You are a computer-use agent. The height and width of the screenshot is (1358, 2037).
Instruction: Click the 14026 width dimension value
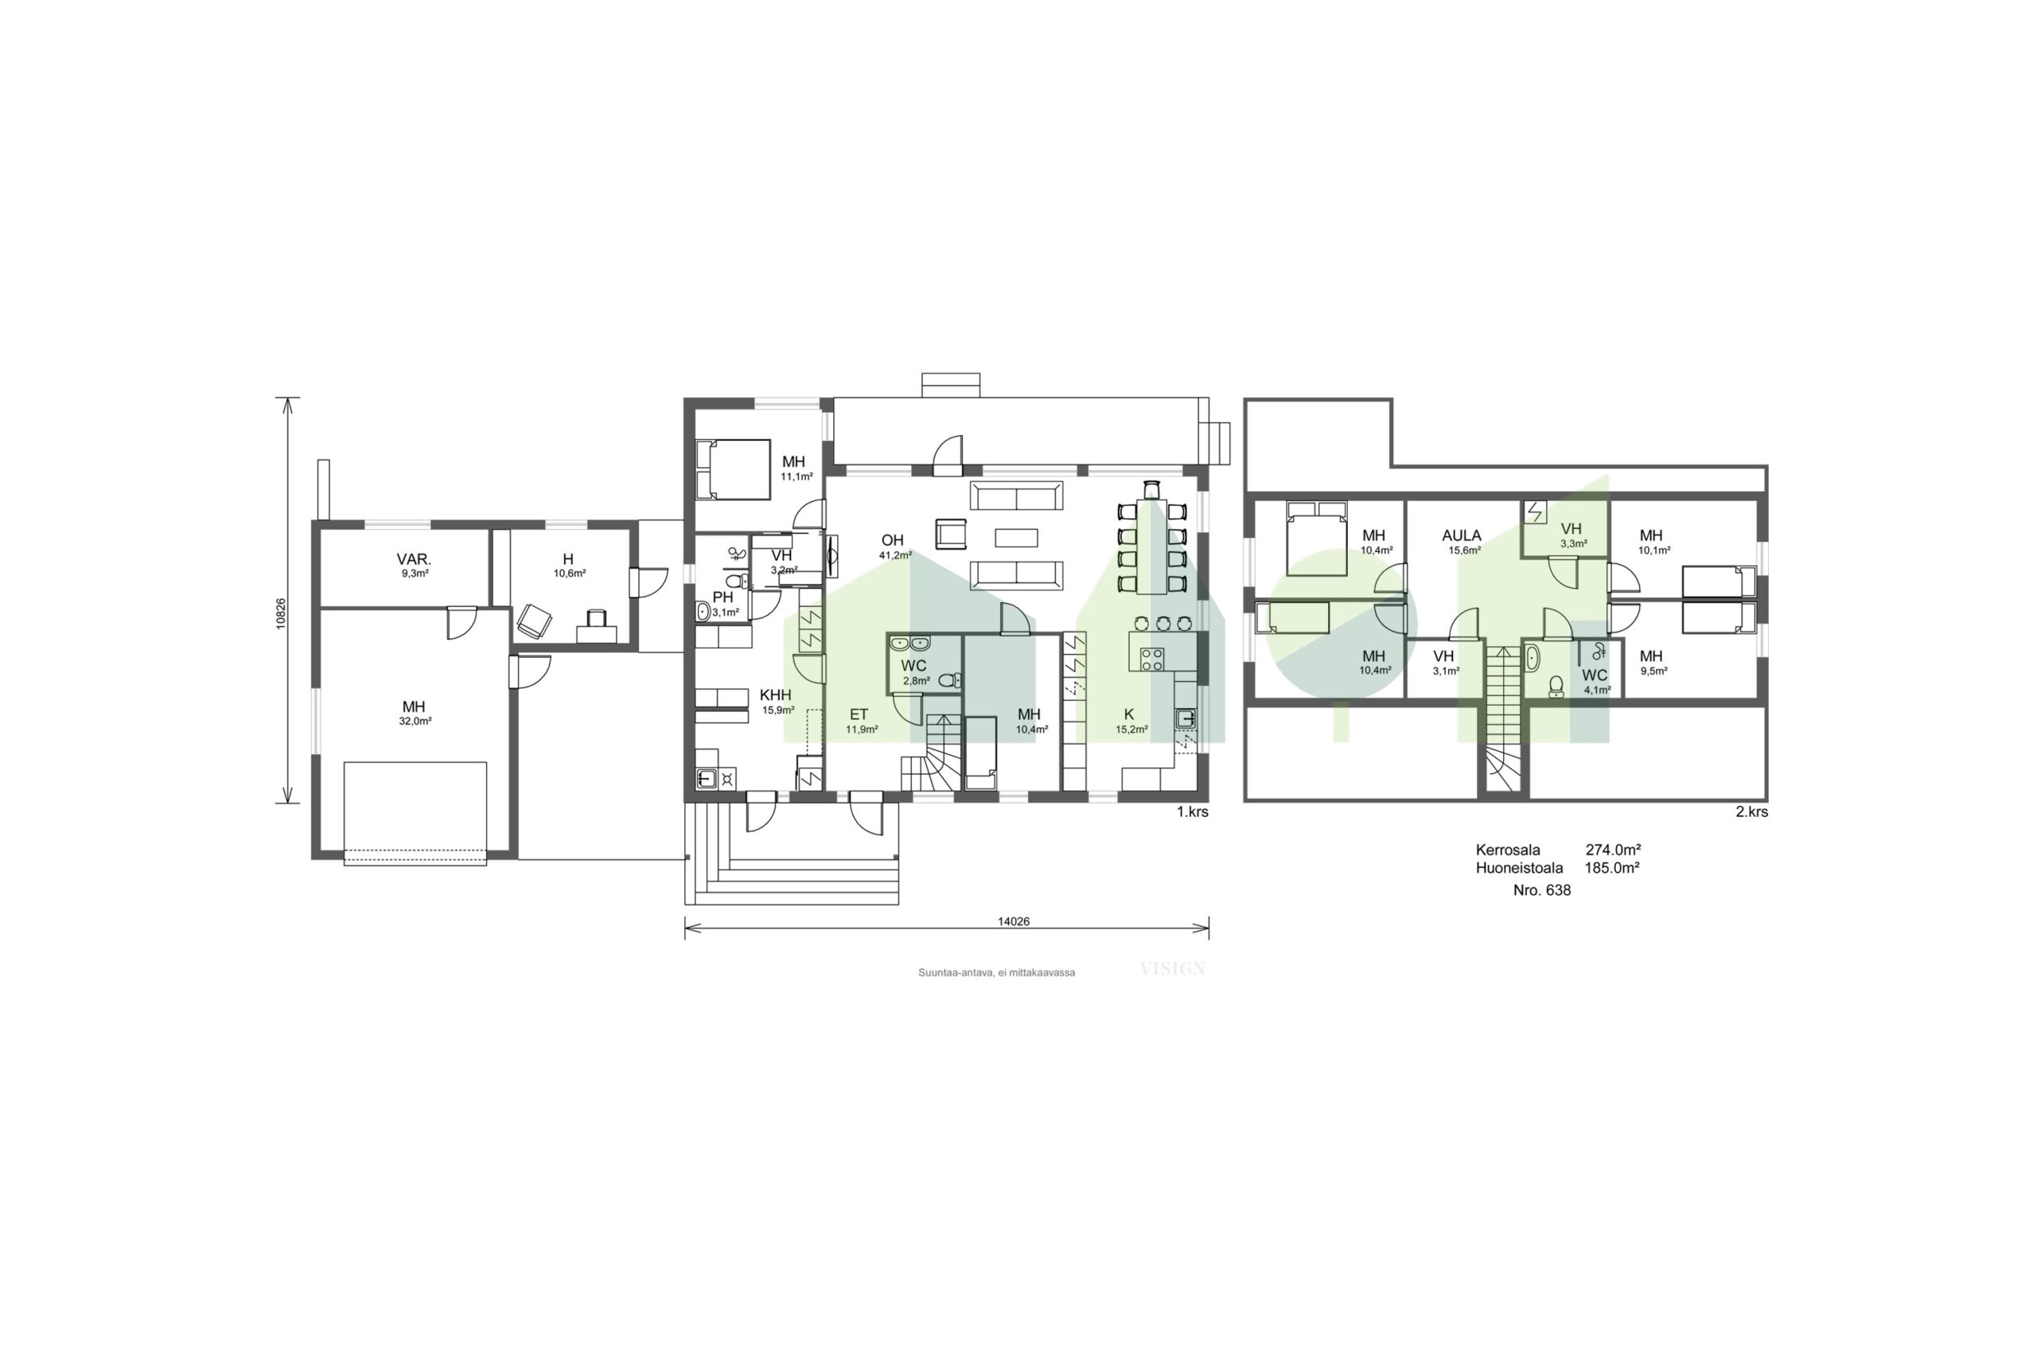tap(1012, 921)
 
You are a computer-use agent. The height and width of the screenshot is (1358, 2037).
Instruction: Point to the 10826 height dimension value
tap(281, 613)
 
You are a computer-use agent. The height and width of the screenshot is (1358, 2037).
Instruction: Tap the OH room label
tap(892, 540)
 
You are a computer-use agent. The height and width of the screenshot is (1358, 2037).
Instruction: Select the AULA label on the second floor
tap(1462, 535)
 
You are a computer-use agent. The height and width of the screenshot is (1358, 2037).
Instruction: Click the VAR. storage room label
tap(414, 559)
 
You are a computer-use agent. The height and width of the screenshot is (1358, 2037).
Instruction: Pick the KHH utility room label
tap(775, 695)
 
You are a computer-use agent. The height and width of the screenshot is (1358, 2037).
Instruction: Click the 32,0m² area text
tap(415, 721)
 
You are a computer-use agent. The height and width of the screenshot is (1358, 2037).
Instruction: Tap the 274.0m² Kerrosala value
tap(1613, 850)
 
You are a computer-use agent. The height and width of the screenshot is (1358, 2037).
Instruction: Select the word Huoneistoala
tap(1519, 868)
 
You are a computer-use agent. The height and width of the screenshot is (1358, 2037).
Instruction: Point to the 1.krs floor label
tap(1192, 811)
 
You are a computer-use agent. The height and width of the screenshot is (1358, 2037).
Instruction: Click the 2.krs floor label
tap(1751, 811)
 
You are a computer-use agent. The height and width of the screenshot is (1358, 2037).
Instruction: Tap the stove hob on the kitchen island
tap(1152, 659)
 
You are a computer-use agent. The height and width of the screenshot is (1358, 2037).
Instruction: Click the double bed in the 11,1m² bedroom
tap(733, 469)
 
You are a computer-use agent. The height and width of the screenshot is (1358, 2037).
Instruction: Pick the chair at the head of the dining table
tap(1151, 489)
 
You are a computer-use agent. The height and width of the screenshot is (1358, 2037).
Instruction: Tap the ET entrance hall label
tap(859, 714)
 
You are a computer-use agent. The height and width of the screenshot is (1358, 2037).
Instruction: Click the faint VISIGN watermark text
tap(1173, 968)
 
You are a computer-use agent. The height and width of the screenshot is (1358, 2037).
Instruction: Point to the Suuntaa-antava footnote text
tap(997, 973)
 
